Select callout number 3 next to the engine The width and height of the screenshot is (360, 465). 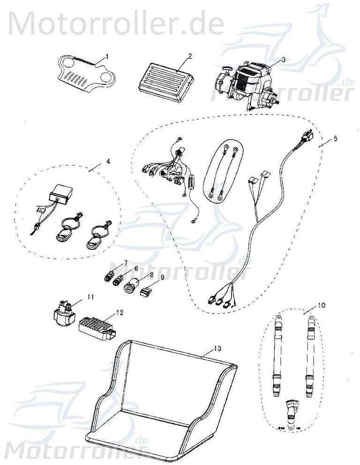point(284,60)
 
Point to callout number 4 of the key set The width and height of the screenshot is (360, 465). point(108,162)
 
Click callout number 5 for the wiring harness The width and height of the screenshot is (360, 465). point(335,139)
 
